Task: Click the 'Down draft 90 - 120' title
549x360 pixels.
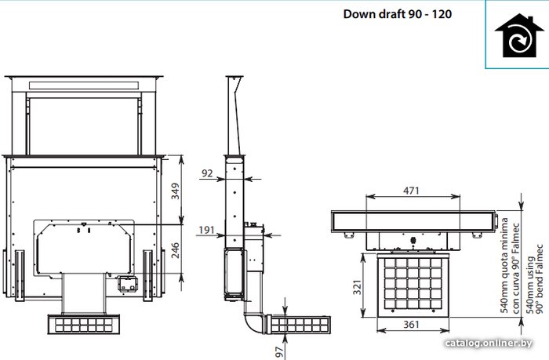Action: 398,14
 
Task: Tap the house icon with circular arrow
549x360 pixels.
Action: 514,36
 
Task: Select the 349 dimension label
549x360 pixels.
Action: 175,191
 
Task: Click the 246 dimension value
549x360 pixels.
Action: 175,250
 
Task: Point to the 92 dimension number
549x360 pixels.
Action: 207,173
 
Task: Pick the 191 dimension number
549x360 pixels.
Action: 206,230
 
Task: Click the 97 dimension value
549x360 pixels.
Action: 279,352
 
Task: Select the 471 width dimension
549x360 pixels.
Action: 411,191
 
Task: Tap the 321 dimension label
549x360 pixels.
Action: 357,287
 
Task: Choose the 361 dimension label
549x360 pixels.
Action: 411,325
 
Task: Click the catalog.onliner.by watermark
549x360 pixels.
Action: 488,344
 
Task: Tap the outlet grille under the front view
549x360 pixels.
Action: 84,324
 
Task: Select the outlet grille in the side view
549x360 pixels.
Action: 299,325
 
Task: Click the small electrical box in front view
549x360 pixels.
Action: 127,284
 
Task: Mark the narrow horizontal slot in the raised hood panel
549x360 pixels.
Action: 85,85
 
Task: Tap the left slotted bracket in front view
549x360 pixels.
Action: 20,275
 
